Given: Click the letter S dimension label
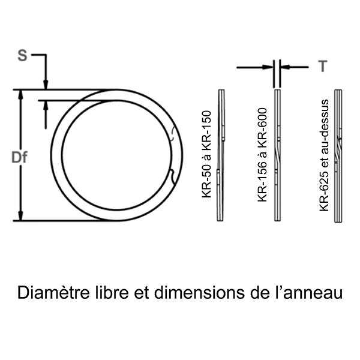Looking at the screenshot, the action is click(x=22, y=56).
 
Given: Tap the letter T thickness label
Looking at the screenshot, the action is click(x=323, y=67).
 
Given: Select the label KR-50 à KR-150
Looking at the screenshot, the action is click(x=207, y=155).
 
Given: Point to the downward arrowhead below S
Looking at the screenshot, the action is click(x=46, y=85).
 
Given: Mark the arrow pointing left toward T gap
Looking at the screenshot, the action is click(x=287, y=67).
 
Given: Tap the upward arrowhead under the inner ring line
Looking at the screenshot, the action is click(x=46, y=105).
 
